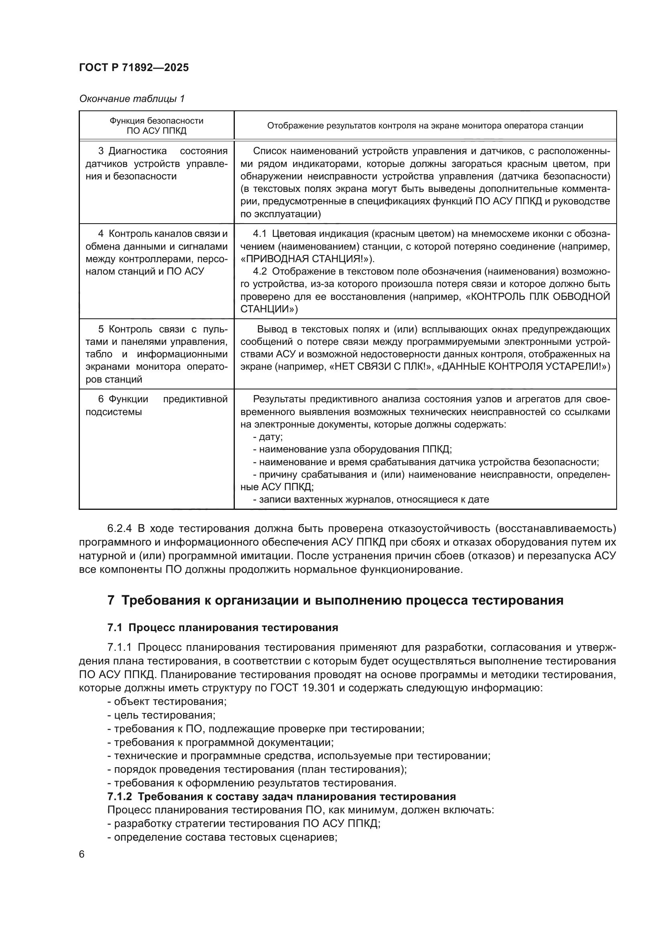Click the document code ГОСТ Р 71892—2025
coord(134,68)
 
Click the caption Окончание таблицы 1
coord(132,99)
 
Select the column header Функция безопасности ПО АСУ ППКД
coord(156,126)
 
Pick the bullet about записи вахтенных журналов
coord(371,499)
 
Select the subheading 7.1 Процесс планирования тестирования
coord(223,628)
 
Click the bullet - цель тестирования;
coord(161,715)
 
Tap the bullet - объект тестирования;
coord(167,702)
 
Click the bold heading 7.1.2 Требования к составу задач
coord(281,796)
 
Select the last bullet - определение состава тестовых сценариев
coord(222,837)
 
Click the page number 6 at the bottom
coord(82,854)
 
